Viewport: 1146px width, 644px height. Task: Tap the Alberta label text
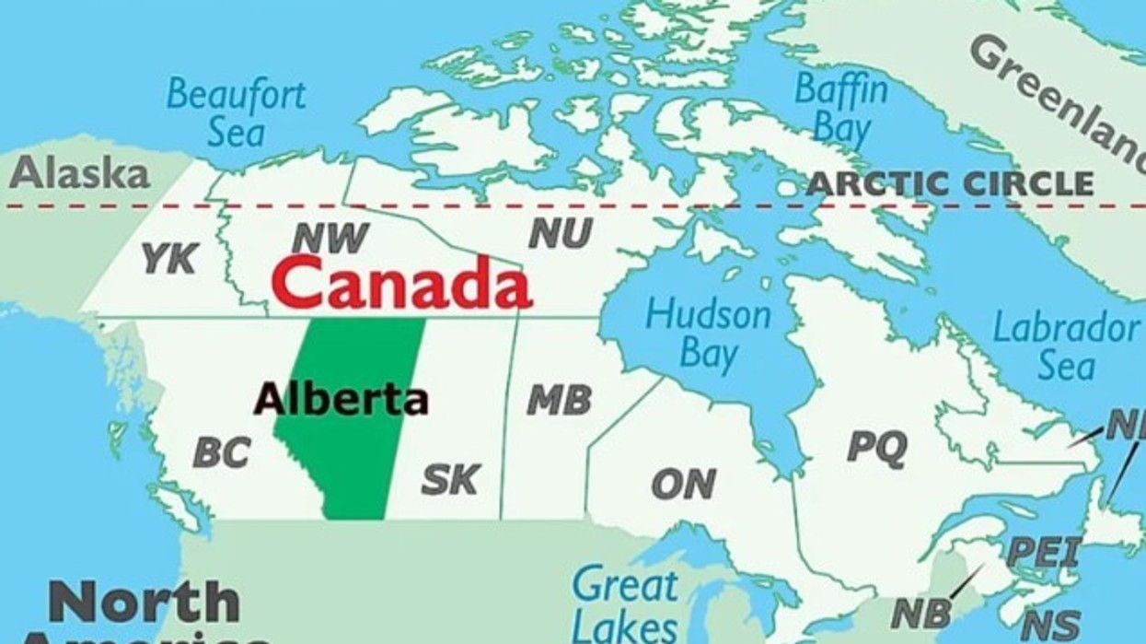[x=341, y=399]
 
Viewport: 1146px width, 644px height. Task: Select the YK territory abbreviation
[x=169, y=259]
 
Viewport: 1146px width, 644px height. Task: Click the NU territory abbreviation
[x=560, y=235]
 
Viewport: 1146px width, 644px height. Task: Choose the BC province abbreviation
[x=222, y=451]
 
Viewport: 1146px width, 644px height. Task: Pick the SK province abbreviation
[x=450, y=478]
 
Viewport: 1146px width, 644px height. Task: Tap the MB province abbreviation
[x=559, y=400]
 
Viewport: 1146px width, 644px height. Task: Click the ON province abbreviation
[x=683, y=484]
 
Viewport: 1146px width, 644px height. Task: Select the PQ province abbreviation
[x=876, y=447]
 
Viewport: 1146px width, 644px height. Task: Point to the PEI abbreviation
[x=1044, y=551]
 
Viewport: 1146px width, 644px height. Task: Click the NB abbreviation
[x=920, y=613]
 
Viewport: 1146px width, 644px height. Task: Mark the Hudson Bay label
[x=708, y=333]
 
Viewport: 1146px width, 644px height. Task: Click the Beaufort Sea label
[x=236, y=111]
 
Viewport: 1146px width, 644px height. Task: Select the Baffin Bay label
[x=841, y=108]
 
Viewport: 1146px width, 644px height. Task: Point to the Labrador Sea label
[x=1066, y=345]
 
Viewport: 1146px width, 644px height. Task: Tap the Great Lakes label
[x=625, y=603]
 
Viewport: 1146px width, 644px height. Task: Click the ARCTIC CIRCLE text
[x=950, y=183]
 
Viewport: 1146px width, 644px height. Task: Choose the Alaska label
[x=79, y=172]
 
